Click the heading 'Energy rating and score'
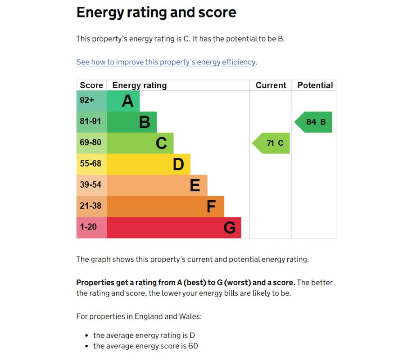(156, 12)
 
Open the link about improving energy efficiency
(166, 62)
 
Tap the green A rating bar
(123, 101)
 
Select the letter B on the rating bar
(145, 122)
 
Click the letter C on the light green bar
(161, 143)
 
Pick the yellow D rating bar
(149, 164)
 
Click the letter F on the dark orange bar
(211, 207)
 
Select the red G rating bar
(174, 228)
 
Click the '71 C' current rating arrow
(272, 143)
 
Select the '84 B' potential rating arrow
(314, 122)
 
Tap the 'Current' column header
(271, 85)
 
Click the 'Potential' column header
(315, 85)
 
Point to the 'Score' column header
(91, 85)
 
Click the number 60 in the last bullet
(193, 346)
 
